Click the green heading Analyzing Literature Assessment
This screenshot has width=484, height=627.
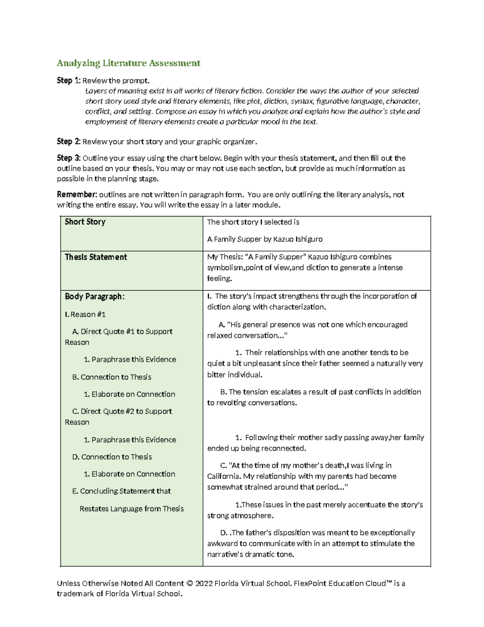(x=128, y=63)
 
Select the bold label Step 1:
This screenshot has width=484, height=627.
(x=69, y=81)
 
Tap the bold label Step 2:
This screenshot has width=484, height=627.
(x=69, y=142)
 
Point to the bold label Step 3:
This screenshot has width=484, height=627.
(x=69, y=158)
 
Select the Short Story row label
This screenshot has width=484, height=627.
(x=85, y=222)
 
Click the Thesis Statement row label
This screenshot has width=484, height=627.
(x=96, y=257)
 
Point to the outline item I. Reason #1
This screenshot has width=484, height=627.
(x=85, y=314)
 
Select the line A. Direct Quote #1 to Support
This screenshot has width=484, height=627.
(x=122, y=331)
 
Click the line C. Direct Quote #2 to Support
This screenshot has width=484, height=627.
(x=122, y=411)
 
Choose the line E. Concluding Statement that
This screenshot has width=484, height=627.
(x=121, y=491)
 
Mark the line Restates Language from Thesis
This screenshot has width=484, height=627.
(x=131, y=509)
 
